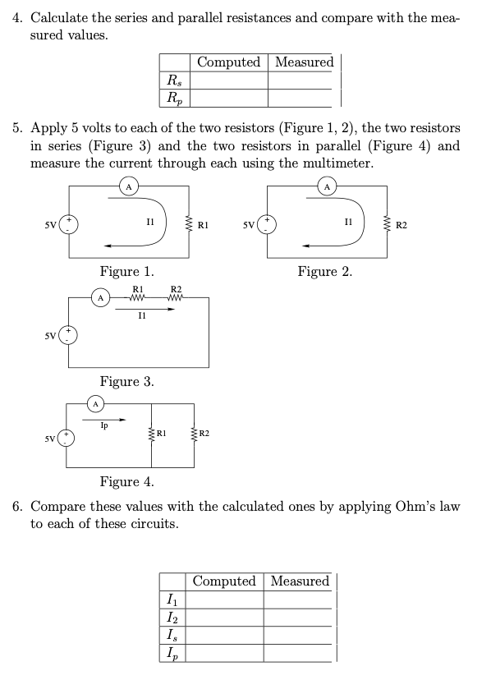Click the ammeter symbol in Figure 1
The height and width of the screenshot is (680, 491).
pos(129,186)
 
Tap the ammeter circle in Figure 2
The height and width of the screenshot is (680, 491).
pos(328,186)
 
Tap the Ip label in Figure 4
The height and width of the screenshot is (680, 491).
pos(103,425)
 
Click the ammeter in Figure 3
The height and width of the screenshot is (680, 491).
pos(99,298)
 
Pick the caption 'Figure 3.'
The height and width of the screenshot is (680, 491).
pos(126,382)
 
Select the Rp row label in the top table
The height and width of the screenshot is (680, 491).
pos(175,98)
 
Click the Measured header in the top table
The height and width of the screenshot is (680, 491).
pos(304,62)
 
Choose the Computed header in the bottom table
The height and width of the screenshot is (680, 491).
pos(224,581)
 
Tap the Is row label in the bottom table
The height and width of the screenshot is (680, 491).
pos(170,636)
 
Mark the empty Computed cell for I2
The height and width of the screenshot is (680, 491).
pos(224,618)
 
